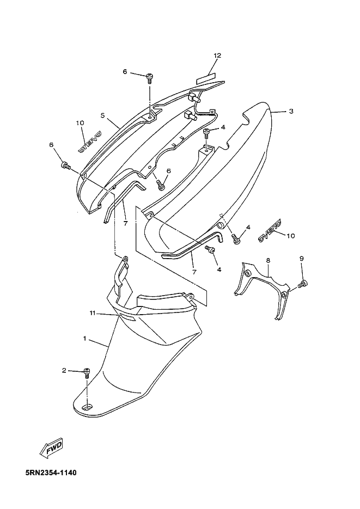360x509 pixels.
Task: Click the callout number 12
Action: pos(217,56)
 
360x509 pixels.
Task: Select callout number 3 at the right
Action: pos(291,111)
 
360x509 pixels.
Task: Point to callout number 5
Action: pos(102,115)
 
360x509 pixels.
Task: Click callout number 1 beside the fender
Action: pos(84,339)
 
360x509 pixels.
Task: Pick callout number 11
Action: pos(93,313)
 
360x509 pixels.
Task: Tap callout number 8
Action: pos(268,261)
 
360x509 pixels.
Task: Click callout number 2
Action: pos(64,371)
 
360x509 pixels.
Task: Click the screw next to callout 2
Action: pos(86,372)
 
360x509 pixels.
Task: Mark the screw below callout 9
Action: pos(303,283)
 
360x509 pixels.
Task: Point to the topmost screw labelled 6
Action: pos(149,77)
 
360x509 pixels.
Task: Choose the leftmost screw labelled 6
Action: pos(66,164)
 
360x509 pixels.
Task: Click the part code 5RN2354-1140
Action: pos(50,473)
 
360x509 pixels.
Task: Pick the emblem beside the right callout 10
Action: pos(269,230)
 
